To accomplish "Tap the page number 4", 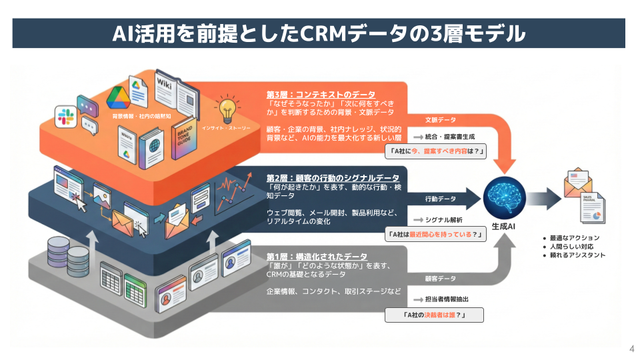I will pyautogui.click(x=631, y=349).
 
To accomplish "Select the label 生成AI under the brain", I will pyautogui.click(x=504, y=227).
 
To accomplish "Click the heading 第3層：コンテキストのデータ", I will pyautogui.click(x=321, y=95).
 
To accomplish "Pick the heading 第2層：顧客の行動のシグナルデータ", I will pyautogui.click(x=333, y=178).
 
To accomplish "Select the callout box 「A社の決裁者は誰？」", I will pyautogui.click(x=434, y=315).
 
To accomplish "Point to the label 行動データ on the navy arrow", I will pyautogui.click(x=440, y=199).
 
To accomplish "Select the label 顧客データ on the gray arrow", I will pyautogui.click(x=440, y=278).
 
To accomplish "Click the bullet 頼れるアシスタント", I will pyautogui.click(x=577, y=255).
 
